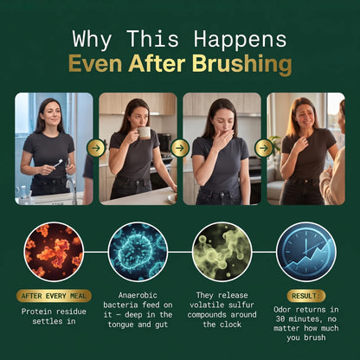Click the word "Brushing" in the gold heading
[x=242, y=65]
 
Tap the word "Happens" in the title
[x=240, y=39]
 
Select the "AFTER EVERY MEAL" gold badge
[x=54, y=296]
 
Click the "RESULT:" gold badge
[x=306, y=296]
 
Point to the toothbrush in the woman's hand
[x=58, y=164]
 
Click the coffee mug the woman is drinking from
[x=144, y=133]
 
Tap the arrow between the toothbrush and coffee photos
[x=96, y=148]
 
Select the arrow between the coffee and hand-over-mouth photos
[x=180, y=148]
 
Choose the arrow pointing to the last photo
[x=264, y=148]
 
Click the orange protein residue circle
[x=54, y=252]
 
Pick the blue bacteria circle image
[x=138, y=252]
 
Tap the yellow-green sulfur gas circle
[x=222, y=252]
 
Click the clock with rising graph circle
[x=306, y=252]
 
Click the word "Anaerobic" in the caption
[x=138, y=295]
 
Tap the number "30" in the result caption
[x=280, y=318]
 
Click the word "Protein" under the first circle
[x=36, y=312]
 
